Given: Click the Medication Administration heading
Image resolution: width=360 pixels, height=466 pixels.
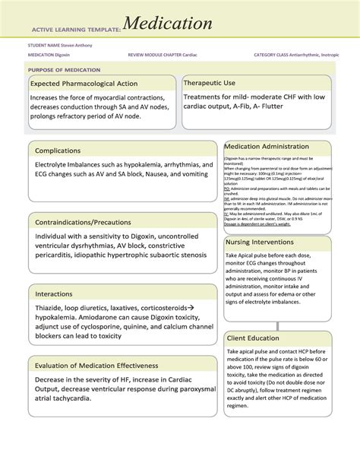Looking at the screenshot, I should point(266,146).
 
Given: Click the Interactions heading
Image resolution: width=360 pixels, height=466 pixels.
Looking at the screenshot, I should point(58,293).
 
